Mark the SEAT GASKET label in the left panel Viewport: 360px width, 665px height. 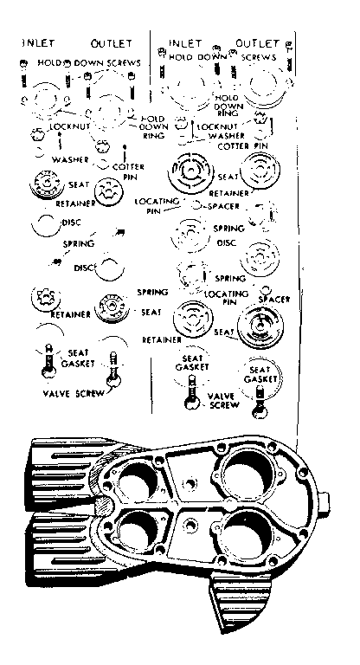tap(77, 358)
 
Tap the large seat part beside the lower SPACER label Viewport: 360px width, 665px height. tap(259, 328)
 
